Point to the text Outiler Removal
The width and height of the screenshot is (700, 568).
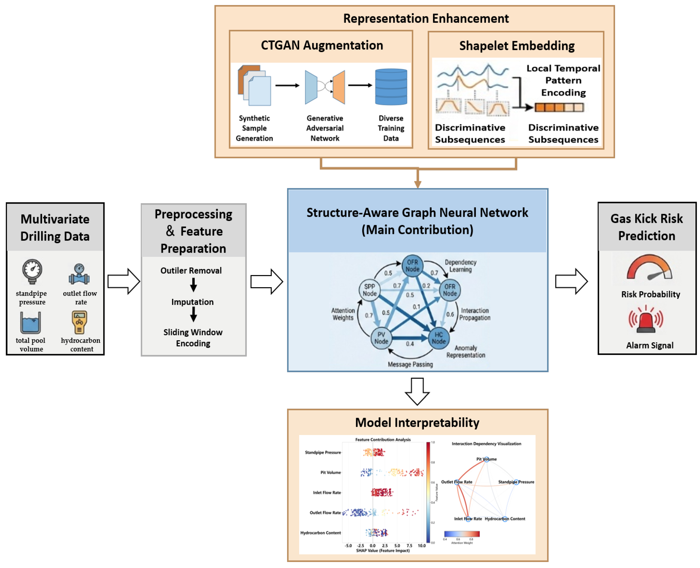191,271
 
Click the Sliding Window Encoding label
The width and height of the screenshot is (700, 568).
193,338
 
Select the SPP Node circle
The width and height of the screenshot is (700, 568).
369,290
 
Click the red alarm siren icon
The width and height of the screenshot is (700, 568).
645,320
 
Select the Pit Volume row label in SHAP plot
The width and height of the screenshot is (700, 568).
330,472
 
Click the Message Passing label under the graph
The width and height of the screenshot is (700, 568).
410,364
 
